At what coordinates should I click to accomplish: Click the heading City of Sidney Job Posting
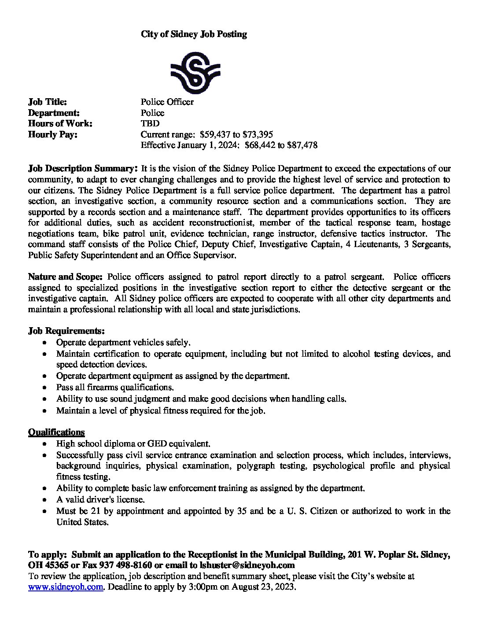point(194,34)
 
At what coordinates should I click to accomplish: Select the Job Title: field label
point(48,102)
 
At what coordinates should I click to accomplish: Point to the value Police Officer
point(167,102)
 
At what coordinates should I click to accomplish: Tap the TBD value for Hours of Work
point(150,124)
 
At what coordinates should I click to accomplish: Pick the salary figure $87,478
point(302,145)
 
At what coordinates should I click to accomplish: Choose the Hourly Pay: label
point(53,134)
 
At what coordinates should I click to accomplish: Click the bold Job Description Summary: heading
point(83,169)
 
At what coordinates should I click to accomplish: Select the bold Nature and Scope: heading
point(65,277)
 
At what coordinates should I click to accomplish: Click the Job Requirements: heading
point(66,331)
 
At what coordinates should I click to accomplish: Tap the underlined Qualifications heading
point(56,432)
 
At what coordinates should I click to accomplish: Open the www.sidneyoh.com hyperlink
point(66,587)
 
